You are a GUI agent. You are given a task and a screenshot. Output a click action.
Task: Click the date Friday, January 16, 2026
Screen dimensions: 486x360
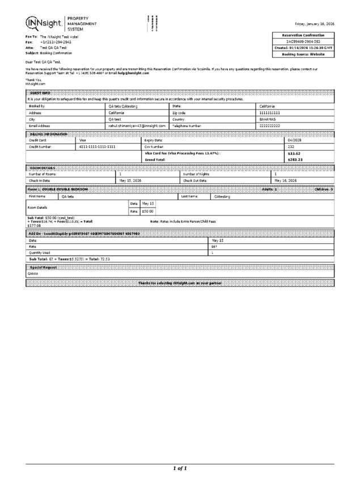tap(314, 24)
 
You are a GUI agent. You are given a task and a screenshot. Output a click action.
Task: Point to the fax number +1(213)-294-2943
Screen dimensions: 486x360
tap(56, 42)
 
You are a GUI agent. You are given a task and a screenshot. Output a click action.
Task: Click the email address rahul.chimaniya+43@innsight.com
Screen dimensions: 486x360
tap(137, 126)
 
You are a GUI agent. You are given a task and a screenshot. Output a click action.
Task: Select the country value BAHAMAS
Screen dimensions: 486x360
tap(268, 120)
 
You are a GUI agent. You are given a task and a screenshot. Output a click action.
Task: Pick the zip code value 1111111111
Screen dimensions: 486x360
tap(270, 113)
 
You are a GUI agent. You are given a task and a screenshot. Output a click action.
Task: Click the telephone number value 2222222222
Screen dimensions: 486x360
tap(270, 126)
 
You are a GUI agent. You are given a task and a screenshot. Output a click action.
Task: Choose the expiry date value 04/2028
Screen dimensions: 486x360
tap(295, 140)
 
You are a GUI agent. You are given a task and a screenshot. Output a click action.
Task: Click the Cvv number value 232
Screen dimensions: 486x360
tap(291, 146)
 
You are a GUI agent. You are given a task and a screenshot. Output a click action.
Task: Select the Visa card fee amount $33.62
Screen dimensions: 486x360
tap(294, 153)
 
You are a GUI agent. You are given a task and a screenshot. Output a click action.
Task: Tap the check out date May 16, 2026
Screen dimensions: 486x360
tap(285, 180)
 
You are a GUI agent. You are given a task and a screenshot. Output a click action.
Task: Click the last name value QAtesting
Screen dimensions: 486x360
tap(222, 196)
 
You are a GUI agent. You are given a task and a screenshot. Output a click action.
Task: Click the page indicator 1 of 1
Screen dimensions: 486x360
tap(180, 468)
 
